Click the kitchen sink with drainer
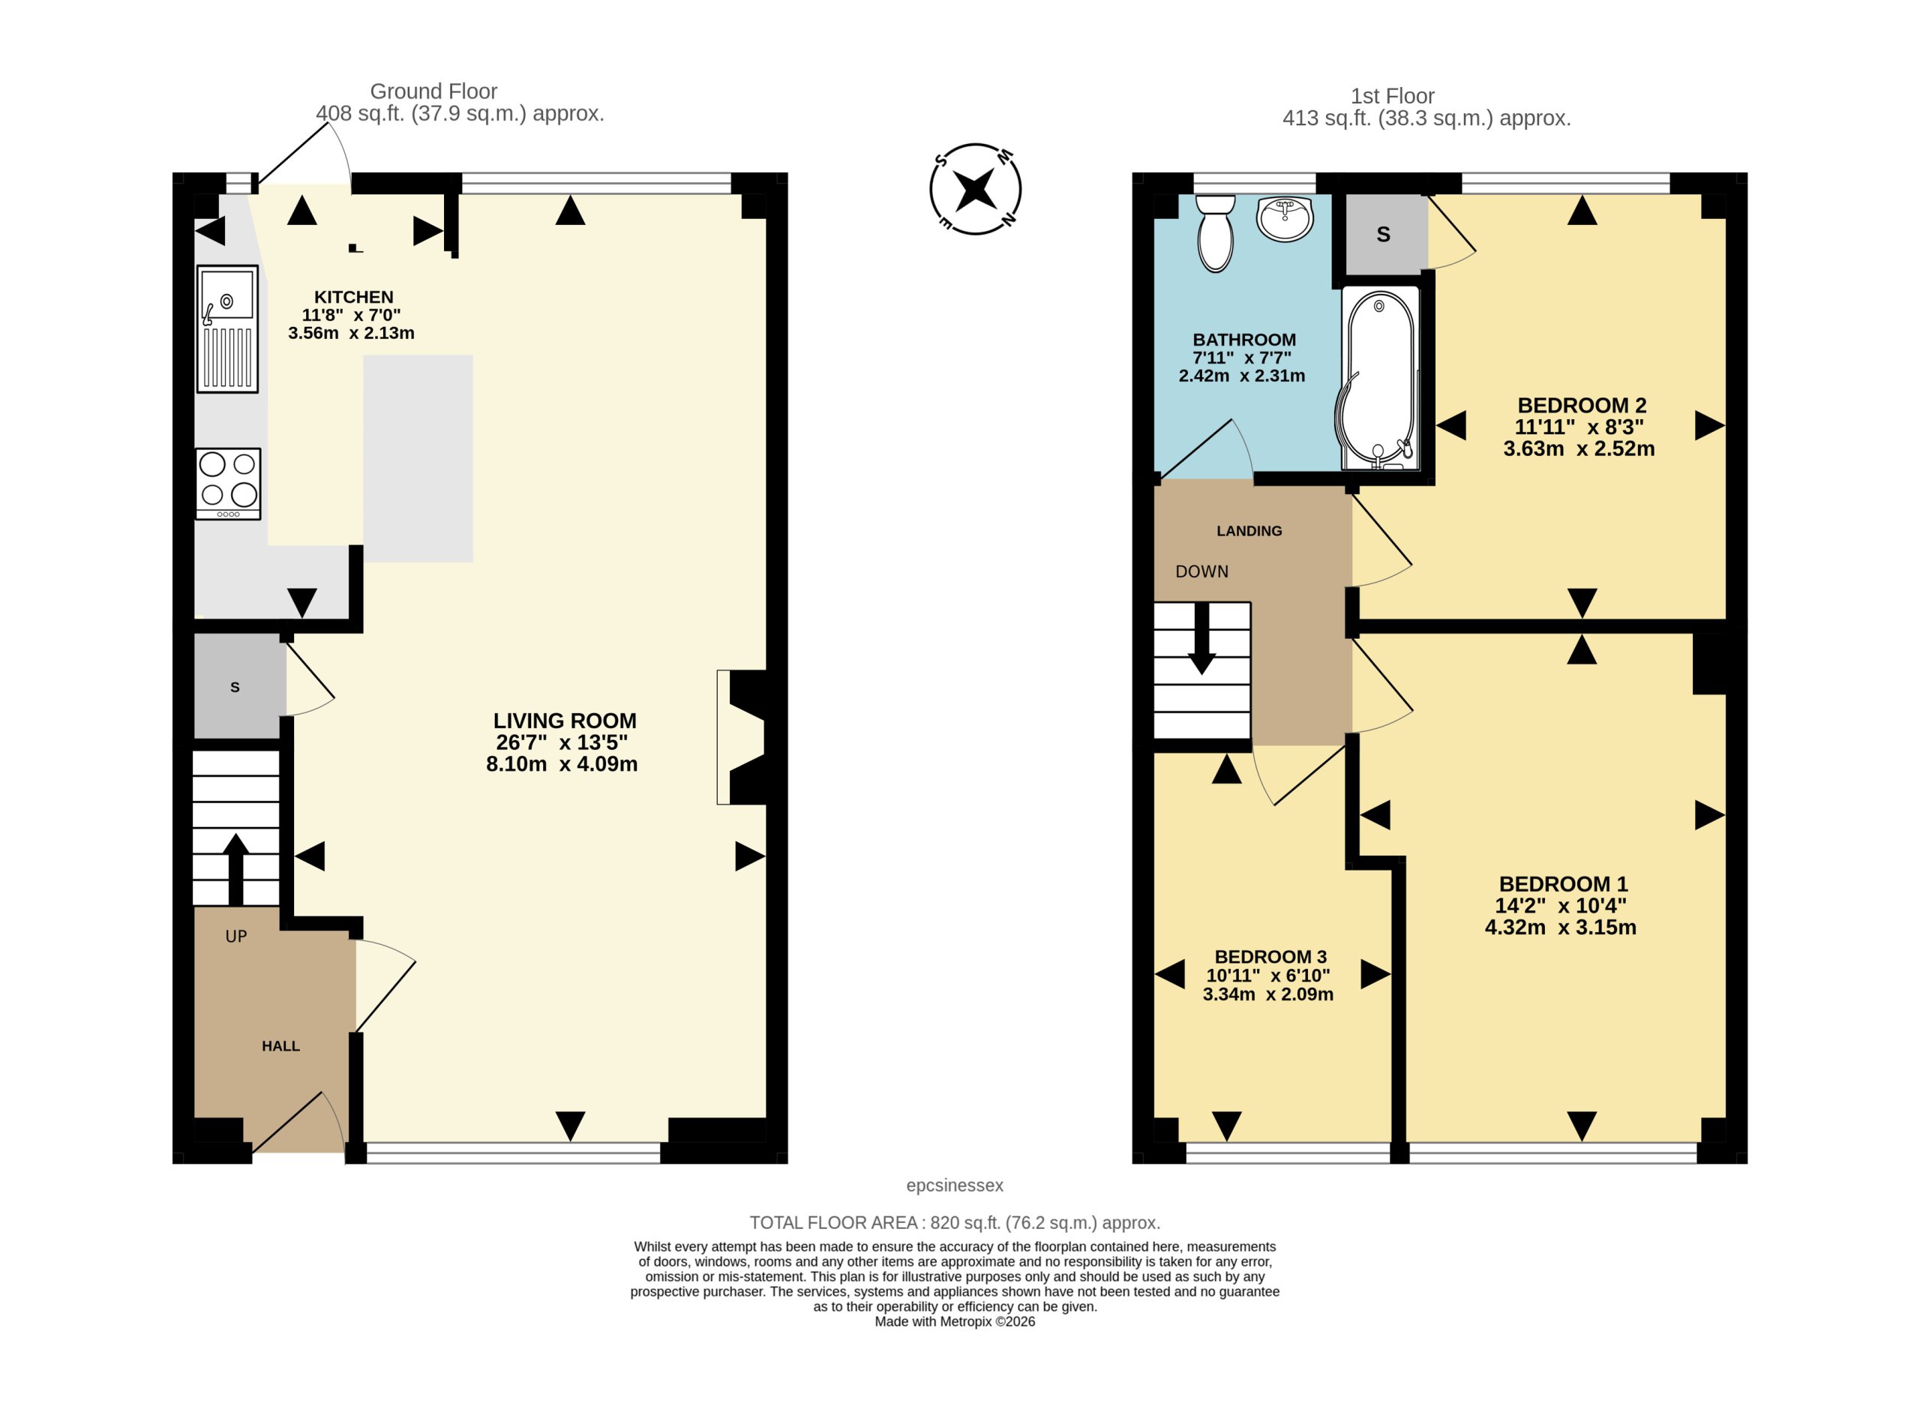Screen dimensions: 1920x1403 pos(227,328)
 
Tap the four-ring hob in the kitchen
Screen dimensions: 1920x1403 pos(227,483)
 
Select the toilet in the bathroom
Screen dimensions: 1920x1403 pos(1215,233)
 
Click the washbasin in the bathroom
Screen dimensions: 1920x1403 pos(1285,219)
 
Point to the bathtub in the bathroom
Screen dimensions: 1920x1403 pos(1379,378)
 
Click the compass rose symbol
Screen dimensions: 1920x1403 pos(975,188)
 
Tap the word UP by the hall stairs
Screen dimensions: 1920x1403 pos(236,937)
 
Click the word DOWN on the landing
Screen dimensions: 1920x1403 pos(1201,571)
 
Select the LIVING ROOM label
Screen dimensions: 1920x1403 pos(565,720)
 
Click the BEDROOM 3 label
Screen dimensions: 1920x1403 pos(1270,956)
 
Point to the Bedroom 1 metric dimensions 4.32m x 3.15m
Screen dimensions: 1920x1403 pos(1560,928)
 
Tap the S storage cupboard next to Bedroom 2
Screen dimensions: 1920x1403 pos(1383,235)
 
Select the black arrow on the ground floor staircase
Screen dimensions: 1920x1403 pos(235,869)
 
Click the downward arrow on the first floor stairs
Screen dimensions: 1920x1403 pos(1201,639)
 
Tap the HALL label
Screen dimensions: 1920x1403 pos(280,1045)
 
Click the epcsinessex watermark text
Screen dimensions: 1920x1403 pos(955,1185)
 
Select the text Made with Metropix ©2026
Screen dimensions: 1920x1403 pos(955,1321)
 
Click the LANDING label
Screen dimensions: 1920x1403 pos(1249,531)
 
